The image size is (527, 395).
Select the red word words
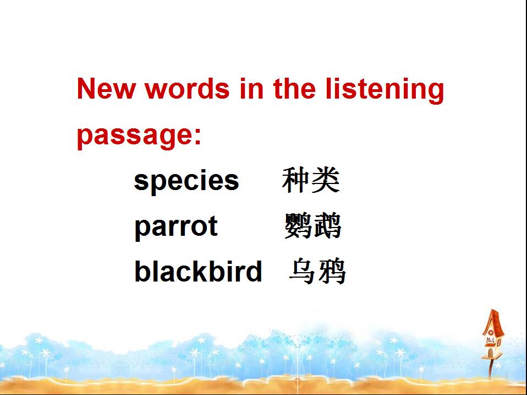click(x=187, y=89)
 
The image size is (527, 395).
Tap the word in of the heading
click(x=251, y=89)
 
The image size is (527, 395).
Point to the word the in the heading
click(x=294, y=89)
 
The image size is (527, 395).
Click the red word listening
click(x=385, y=91)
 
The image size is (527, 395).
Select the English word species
click(x=186, y=182)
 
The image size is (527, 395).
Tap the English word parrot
click(x=176, y=228)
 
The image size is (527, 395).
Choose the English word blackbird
click(x=198, y=271)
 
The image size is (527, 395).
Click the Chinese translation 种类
click(x=311, y=180)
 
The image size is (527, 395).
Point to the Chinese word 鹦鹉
click(x=313, y=225)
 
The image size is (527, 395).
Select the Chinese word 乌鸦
click(x=317, y=271)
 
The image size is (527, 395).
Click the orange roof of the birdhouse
click(x=493, y=323)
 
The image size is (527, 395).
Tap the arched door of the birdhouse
click(x=490, y=353)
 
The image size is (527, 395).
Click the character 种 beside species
click(x=296, y=180)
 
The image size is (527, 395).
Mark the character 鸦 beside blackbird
click(x=332, y=271)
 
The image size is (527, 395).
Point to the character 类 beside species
click(x=326, y=180)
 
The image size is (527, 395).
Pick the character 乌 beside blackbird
click(x=303, y=271)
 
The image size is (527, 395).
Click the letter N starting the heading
click(x=85, y=89)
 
